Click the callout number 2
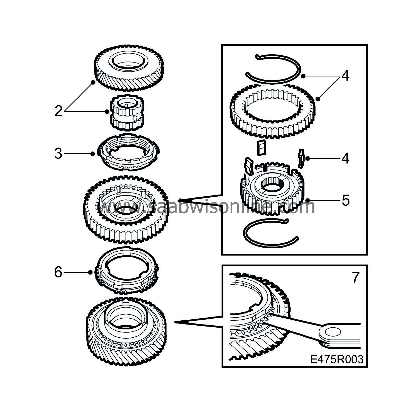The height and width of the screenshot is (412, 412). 58,111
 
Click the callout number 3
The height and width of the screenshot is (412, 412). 58,154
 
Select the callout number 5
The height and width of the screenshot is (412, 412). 346,200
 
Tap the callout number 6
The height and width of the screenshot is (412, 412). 58,272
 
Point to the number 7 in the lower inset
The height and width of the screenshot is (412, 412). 355,277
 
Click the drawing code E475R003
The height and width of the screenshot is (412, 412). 337,359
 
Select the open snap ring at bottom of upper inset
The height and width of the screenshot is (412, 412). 270,233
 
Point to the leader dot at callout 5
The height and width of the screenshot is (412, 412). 308,200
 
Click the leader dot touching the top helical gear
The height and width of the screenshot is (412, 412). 93,82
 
